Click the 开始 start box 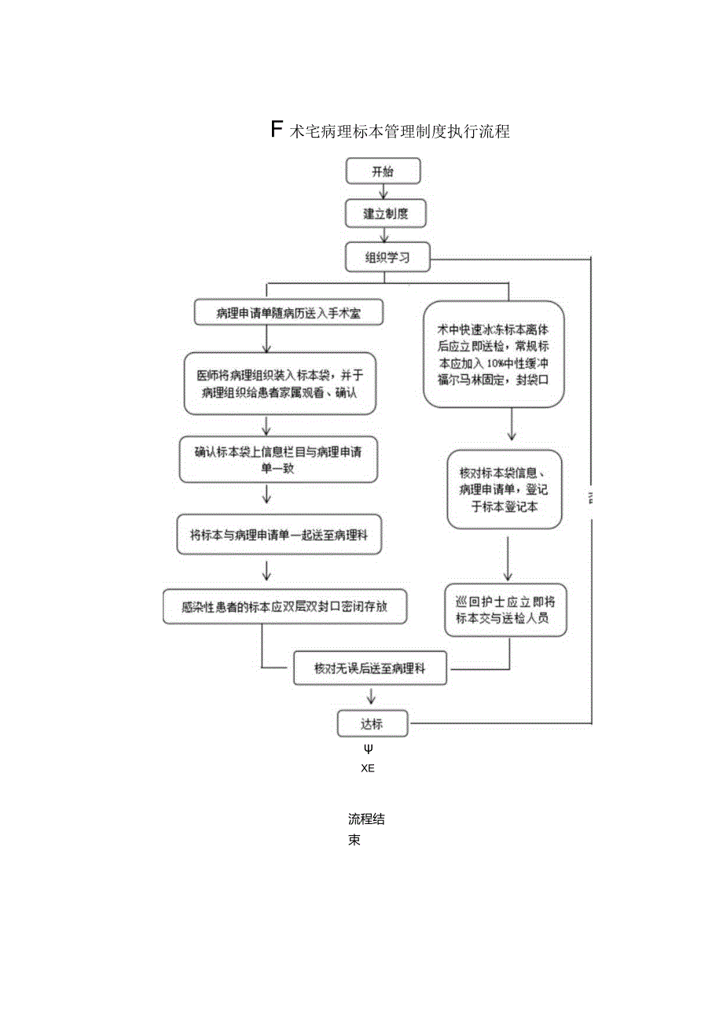[x=384, y=171]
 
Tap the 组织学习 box [x=387, y=257]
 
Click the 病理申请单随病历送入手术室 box [x=288, y=313]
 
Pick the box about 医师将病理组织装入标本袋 [x=278, y=383]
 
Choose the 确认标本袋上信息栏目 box [x=278, y=459]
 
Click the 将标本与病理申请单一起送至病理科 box [x=278, y=535]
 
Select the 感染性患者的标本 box [x=284, y=606]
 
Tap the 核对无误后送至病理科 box [x=370, y=668]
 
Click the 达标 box [x=373, y=723]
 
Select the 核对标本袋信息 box [x=505, y=489]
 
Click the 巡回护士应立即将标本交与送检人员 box [x=505, y=609]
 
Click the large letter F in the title [x=277, y=130]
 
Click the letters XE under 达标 [x=368, y=769]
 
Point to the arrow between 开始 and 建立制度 [x=384, y=192]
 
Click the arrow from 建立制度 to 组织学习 [x=384, y=234]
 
